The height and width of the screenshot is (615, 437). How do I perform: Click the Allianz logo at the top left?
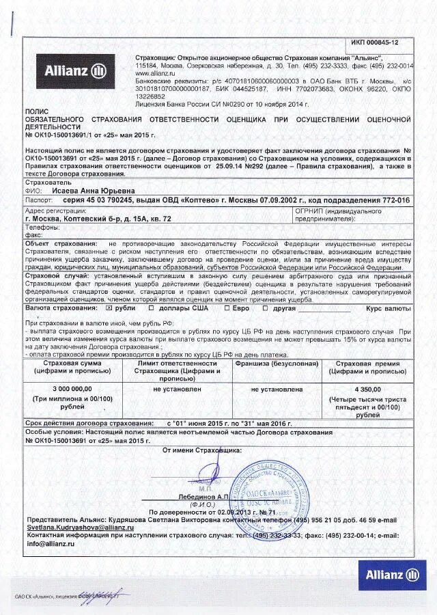click(x=75, y=70)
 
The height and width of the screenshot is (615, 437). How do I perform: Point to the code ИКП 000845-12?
click(x=375, y=43)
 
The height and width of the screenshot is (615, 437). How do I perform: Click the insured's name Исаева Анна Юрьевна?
click(x=94, y=191)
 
